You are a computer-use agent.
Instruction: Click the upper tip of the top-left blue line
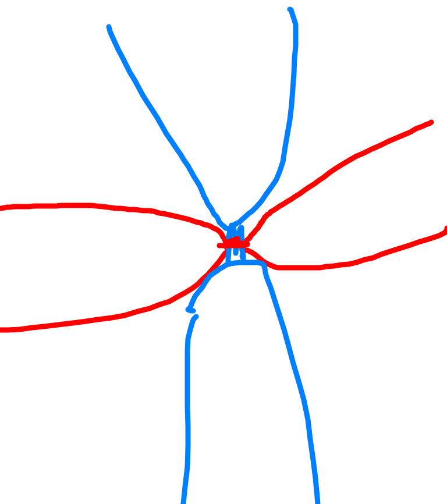pos(109,27)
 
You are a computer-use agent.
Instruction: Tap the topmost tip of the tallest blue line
pos(290,9)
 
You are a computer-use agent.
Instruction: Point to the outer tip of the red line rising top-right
pos(431,122)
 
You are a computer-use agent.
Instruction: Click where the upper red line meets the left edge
pos(2,208)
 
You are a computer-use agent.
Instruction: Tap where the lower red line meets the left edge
pos(2,330)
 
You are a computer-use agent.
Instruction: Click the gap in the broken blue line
pos(193,314)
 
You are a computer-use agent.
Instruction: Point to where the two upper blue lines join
pos(231,226)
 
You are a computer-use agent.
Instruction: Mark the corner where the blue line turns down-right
pos(263,265)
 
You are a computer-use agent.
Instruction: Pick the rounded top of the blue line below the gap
pos(196,317)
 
